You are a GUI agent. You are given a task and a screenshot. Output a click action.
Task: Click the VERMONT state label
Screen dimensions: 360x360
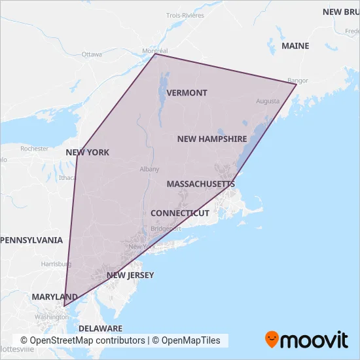click(x=187, y=93)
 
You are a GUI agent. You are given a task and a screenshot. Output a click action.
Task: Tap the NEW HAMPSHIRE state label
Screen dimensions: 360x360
click(x=212, y=139)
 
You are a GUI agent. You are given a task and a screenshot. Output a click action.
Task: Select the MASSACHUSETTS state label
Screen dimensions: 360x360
click(x=200, y=185)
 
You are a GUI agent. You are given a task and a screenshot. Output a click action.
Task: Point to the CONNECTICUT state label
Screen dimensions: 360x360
click(x=180, y=213)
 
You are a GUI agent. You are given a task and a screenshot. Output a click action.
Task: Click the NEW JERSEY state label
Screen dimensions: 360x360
click(x=130, y=276)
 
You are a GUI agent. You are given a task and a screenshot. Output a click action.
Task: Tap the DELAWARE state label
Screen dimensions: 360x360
click(x=100, y=328)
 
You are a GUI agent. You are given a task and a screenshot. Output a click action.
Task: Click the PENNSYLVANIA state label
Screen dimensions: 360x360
click(x=31, y=240)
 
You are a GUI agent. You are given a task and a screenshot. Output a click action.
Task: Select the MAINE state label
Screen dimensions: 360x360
click(x=295, y=46)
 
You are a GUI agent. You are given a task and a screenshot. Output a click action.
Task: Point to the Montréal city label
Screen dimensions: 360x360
click(x=156, y=50)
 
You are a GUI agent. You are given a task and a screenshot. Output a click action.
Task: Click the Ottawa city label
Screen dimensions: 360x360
click(x=92, y=54)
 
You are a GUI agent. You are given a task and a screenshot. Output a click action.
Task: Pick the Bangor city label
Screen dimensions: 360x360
click(x=298, y=81)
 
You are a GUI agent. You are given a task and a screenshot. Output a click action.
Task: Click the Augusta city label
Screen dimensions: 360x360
click(x=268, y=101)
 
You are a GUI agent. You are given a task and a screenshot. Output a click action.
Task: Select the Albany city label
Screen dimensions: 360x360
click(x=149, y=169)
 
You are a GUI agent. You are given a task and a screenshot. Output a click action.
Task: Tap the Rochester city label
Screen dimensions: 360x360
click(x=35, y=149)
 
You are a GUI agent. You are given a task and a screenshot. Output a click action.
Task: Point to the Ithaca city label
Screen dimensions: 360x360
click(x=67, y=177)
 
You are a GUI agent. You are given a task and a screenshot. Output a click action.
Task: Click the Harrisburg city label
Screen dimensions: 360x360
click(x=56, y=264)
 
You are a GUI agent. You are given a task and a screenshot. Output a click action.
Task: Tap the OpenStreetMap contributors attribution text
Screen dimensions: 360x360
click(x=82, y=340)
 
